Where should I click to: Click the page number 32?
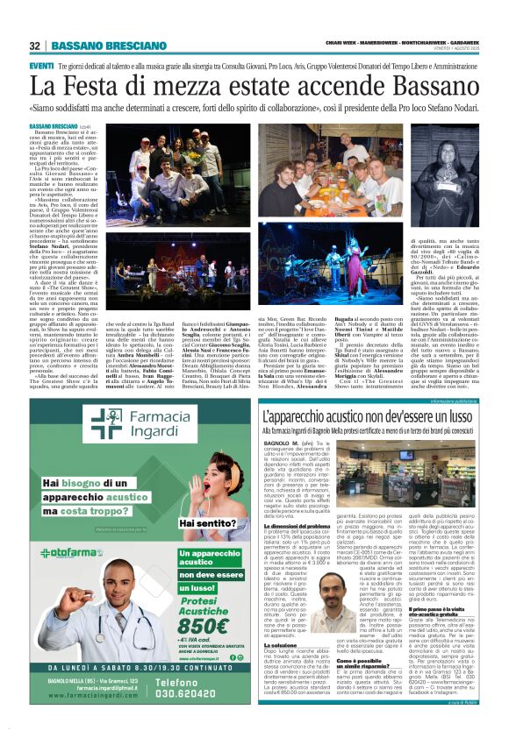pos(35,46)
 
